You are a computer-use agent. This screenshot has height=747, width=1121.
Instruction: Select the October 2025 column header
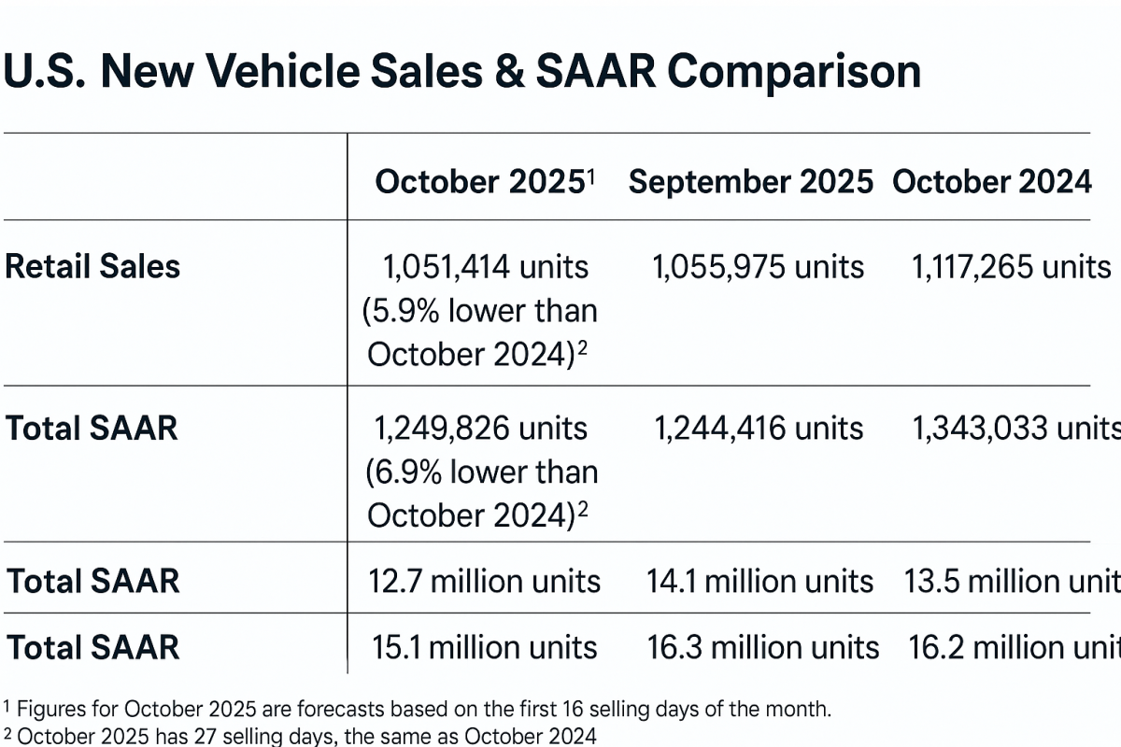tap(479, 182)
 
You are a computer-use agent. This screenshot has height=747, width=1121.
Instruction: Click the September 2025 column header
tap(751, 182)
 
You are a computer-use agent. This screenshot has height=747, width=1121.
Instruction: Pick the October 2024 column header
tap(992, 182)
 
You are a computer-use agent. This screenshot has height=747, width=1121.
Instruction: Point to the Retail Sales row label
tap(92, 267)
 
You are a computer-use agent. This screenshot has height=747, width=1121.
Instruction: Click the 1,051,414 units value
tap(486, 268)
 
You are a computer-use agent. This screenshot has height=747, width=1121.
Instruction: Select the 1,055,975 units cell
tap(758, 268)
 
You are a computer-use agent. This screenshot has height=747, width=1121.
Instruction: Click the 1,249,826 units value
tap(481, 429)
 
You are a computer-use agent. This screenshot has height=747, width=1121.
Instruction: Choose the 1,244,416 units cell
tap(758, 429)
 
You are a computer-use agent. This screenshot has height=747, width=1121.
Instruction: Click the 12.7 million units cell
tap(484, 582)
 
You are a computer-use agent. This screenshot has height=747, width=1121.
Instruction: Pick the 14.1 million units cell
tap(759, 582)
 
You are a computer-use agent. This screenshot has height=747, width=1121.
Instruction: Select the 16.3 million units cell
tap(762, 647)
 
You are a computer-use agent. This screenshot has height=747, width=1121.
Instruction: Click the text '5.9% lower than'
tap(480, 311)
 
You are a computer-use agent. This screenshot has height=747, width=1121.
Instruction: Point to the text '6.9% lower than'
tap(481, 472)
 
